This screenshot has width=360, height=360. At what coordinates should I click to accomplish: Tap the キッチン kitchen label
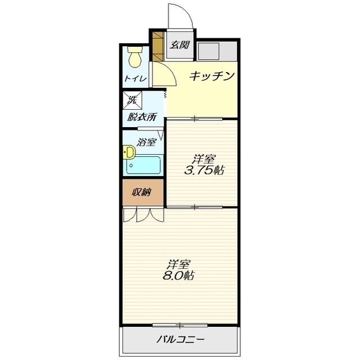210,76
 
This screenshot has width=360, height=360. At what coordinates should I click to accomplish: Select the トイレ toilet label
136,79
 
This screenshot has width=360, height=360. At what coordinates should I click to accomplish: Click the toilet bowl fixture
135,57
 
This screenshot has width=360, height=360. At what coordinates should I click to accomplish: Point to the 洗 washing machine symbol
133,101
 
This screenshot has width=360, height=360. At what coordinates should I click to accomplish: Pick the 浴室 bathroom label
146,142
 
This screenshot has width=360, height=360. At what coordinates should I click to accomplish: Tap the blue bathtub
145,165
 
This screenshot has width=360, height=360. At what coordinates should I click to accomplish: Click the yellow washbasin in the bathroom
129,152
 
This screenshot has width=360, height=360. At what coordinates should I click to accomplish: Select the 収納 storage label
142,193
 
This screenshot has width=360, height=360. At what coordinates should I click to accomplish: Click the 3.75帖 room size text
204,170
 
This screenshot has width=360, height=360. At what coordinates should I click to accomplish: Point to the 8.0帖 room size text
178,276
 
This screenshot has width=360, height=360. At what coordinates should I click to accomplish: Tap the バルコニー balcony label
179,340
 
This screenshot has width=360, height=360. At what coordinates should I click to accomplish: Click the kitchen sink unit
209,51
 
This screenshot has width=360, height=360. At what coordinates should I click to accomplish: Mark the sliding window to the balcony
179,325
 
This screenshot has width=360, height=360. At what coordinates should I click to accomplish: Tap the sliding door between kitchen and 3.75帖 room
194,119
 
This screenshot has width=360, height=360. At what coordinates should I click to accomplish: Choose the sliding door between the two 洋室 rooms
194,207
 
